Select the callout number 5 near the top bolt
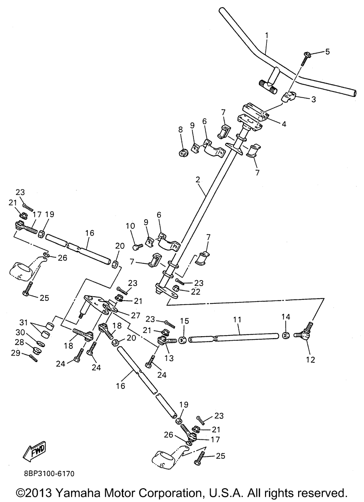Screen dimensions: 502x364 tap(327, 52)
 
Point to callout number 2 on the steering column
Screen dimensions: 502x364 tap(198, 179)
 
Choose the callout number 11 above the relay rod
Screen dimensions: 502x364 tap(237, 319)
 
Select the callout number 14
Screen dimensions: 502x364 tap(286, 317)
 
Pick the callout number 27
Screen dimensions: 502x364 tap(135, 315)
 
